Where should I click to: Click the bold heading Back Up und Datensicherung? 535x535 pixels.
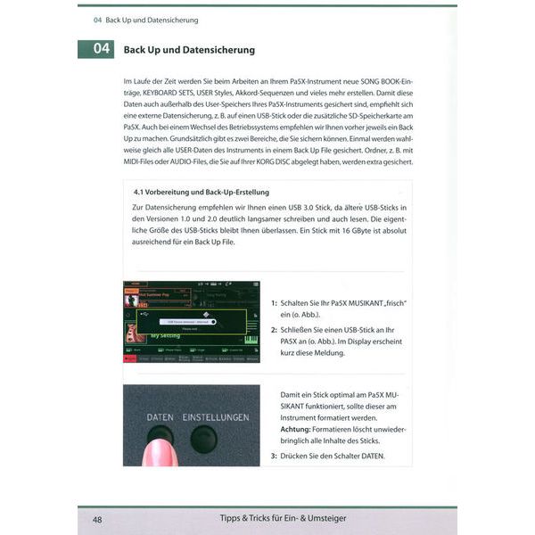point(189,50)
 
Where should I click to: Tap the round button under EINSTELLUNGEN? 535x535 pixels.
point(204,439)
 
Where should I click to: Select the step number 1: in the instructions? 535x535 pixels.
point(274,303)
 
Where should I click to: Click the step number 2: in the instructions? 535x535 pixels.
point(274,329)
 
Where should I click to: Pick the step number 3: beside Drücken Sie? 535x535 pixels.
point(274,457)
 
